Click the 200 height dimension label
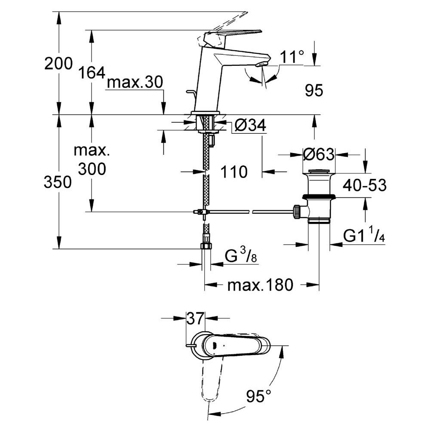(58, 63)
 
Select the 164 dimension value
(92, 73)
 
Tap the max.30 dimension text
(135, 82)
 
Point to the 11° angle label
(292, 57)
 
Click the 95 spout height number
(314, 90)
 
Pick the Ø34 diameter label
(250, 126)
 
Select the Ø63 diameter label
(319, 154)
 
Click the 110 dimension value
(234, 172)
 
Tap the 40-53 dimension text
(365, 185)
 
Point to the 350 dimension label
(58, 182)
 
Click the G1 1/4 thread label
(364, 235)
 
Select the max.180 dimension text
(260, 285)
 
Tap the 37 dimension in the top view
(195, 318)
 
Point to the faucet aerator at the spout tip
(260, 64)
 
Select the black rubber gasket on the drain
(319, 197)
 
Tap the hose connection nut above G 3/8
(206, 245)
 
